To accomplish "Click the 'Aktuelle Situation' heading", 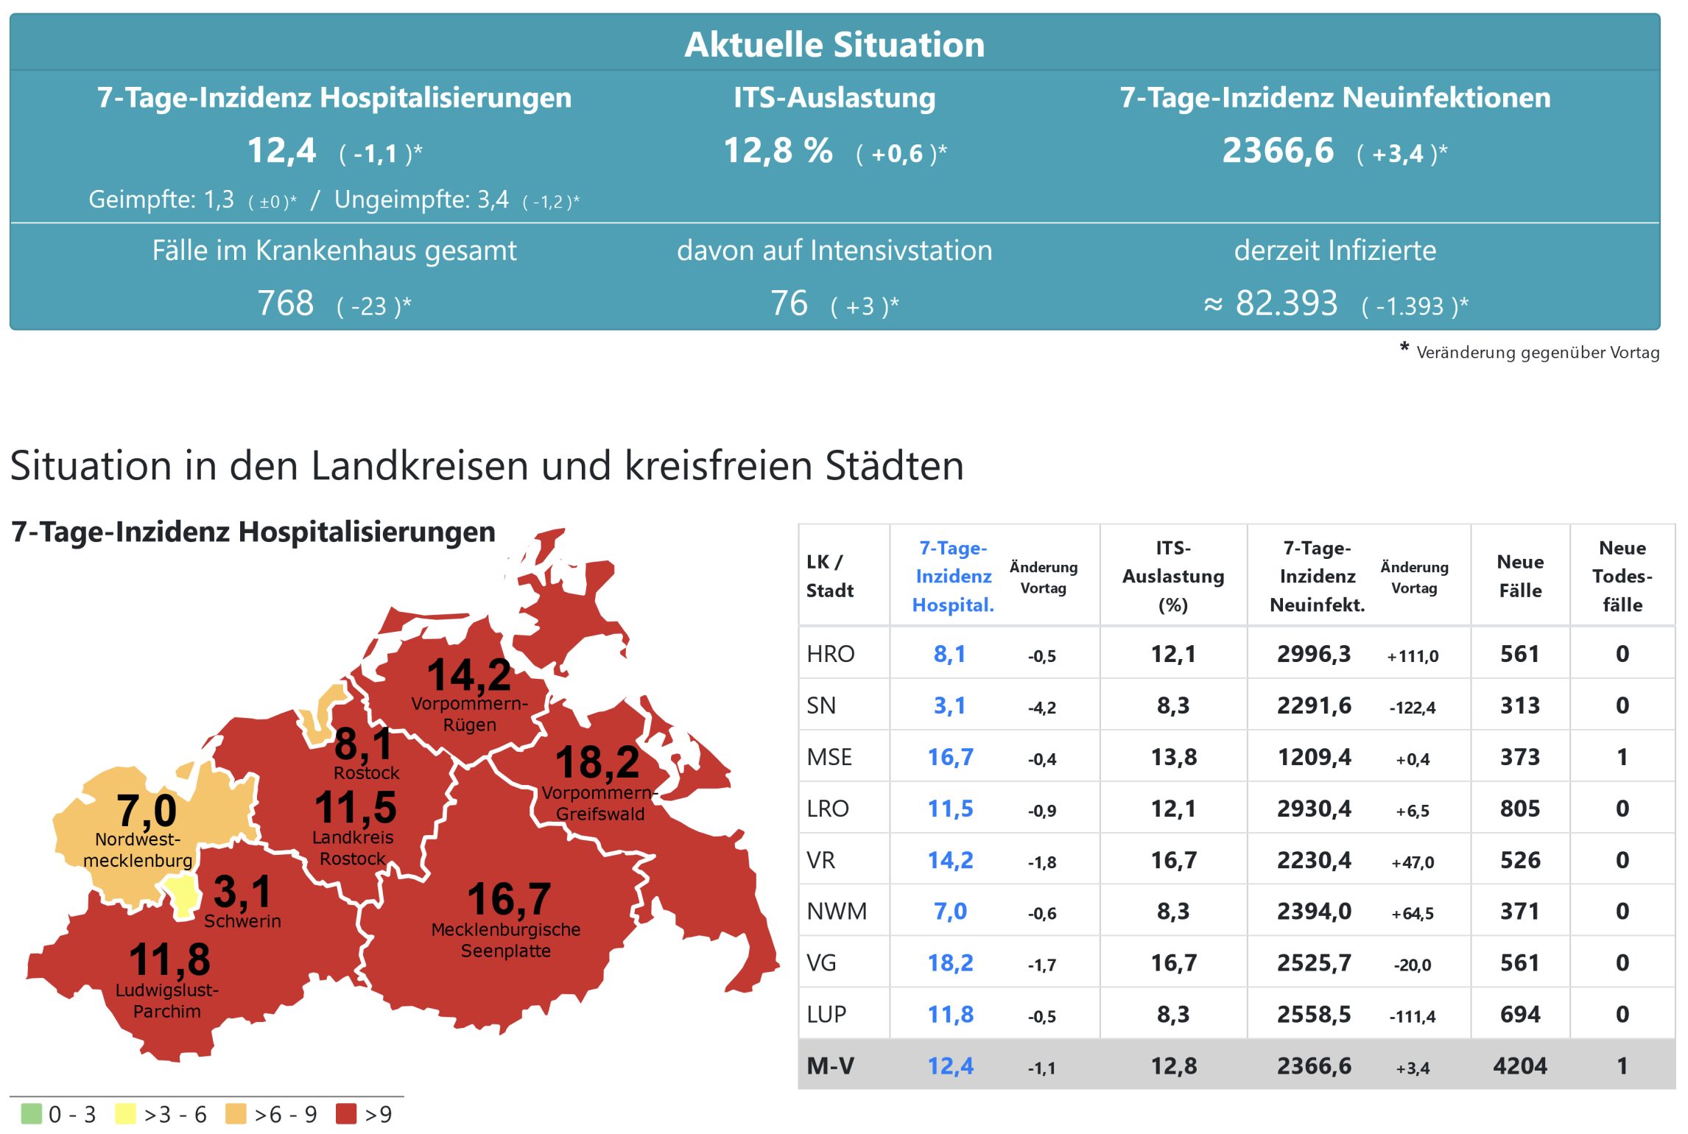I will (834, 44).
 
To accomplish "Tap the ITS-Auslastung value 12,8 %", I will (778, 151).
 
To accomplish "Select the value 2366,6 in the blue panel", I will (1278, 151).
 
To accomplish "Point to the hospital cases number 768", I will (285, 303).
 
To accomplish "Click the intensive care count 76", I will (789, 303).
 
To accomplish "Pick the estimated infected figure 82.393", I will (1286, 303).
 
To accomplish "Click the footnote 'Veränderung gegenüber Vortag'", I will (1537, 353).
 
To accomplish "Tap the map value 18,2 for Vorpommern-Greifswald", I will (597, 762).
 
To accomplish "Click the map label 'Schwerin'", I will (242, 921).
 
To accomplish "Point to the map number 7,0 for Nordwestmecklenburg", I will (147, 811).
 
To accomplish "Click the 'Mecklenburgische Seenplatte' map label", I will (506, 940).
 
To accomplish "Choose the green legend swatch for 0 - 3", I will (32, 1113).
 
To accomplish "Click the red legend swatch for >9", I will (345, 1113).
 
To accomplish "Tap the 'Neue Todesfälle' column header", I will (1622, 576).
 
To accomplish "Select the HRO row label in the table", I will (830, 654).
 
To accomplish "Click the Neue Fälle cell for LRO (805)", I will (1519, 809).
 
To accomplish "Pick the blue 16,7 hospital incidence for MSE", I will (950, 757).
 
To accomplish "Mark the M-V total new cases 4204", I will (1519, 1066).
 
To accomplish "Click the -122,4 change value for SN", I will (1412, 708).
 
